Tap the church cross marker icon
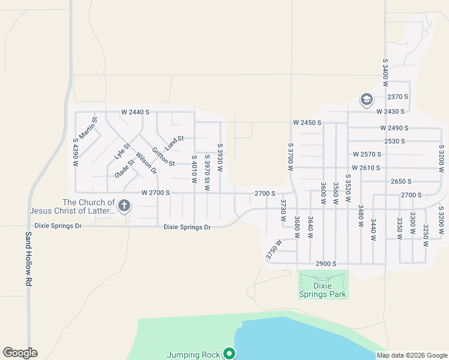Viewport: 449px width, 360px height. tap(124, 206)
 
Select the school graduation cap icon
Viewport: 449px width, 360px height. tap(366, 98)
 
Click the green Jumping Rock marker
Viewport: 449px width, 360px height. tap(229, 354)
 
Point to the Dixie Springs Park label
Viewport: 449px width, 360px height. tap(323, 290)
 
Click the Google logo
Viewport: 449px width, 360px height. tap(20, 353)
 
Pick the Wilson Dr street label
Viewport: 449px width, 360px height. tap(146, 163)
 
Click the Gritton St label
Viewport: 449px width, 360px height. tap(163, 157)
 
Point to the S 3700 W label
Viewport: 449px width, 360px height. tap(290, 157)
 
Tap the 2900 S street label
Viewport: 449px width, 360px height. tap(326, 264)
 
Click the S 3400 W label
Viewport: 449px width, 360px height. tap(385, 74)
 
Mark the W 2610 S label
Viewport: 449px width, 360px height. tap(367, 167)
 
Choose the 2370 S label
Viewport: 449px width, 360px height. tap(397, 97)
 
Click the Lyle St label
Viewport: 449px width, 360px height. tap(122, 151)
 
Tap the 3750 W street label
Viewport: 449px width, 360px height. tap(274, 250)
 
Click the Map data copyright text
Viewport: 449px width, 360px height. tap(412, 355)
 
